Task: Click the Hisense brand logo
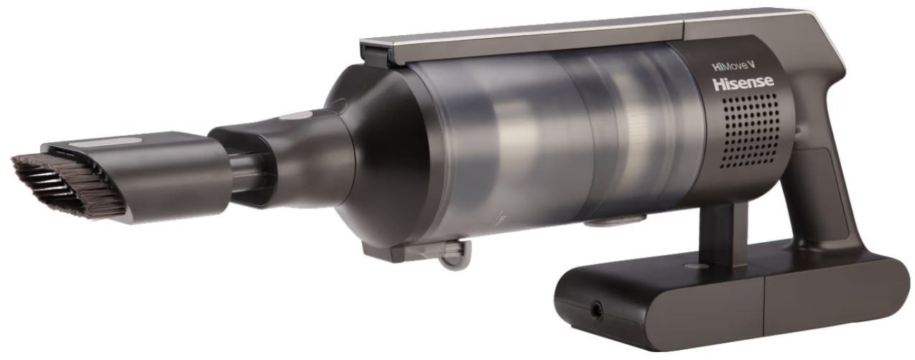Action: pos(743,83)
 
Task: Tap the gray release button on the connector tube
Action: pos(296,116)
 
